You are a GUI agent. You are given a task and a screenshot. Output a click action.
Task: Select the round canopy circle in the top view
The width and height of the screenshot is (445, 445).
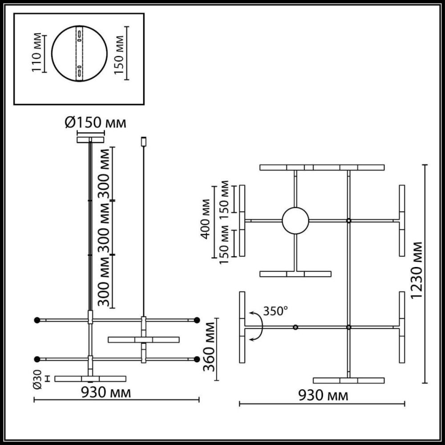(295, 221)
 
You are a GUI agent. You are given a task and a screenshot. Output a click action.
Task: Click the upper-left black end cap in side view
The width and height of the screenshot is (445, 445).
(37, 320)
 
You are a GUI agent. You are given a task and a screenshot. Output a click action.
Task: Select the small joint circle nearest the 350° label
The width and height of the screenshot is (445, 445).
(295, 328)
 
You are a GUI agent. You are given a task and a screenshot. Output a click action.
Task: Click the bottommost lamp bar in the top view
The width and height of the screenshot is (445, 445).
(348, 380)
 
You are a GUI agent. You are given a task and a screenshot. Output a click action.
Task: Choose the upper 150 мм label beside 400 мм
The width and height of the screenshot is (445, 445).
(225, 198)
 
